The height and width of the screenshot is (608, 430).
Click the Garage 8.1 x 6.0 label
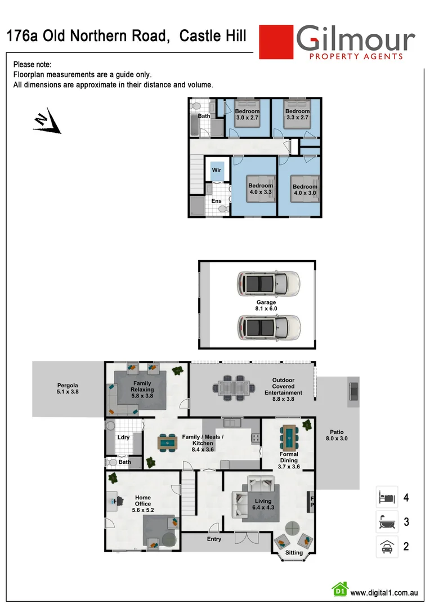(x=267, y=306)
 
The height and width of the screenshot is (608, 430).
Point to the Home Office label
(x=143, y=500)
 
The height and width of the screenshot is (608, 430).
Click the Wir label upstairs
(x=217, y=170)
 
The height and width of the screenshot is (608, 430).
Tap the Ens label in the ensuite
(x=216, y=201)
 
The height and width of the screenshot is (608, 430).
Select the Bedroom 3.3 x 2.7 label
(x=297, y=115)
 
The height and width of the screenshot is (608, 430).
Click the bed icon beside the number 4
(x=387, y=498)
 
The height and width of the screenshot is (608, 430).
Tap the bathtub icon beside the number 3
(x=387, y=522)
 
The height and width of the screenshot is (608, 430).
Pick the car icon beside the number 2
(x=387, y=547)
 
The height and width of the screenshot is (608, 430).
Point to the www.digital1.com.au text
(x=383, y=593)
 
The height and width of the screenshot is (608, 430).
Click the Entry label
(x=214, y=539)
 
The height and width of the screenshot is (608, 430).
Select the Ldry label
(x=123, y=437)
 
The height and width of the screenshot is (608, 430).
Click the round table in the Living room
(x=293, y=529)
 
